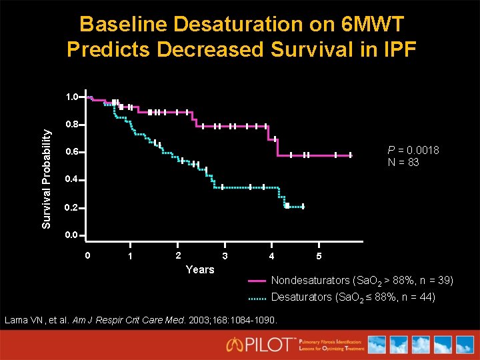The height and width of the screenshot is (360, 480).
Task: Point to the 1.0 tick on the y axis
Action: coord(73,97)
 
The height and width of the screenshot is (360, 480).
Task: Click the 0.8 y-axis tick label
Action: coord(73,125)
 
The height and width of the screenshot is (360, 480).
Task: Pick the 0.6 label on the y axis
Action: coord(73,152)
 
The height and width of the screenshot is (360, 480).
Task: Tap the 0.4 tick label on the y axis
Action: coord(73,180)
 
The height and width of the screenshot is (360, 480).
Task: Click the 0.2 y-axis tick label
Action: coord(73,208)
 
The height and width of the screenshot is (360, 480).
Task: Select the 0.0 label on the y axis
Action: coord(73,235)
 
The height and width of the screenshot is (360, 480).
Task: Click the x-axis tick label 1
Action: coord(131,257)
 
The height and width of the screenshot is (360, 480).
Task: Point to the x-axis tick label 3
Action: coord(225,257)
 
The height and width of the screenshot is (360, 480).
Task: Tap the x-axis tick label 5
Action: coord(319,257)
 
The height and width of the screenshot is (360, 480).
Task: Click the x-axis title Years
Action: coord(200,269)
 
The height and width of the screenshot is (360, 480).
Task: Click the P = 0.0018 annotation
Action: coord(413,150)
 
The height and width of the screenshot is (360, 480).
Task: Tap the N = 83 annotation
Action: coord(403,162)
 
